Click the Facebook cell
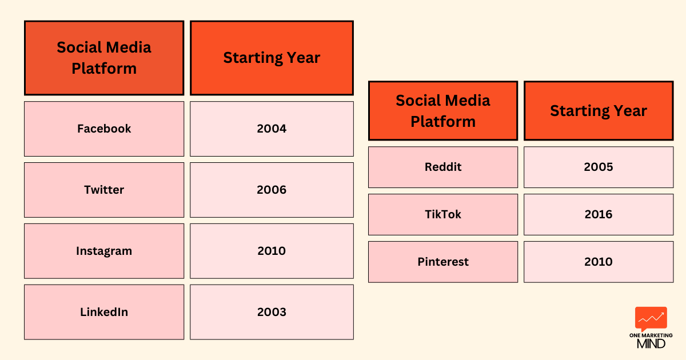pos(104,129)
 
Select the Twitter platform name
pos(104,190)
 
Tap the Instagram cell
pos(104,251)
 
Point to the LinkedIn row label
pos(104,312)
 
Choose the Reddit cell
pos(443,167)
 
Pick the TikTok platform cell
pos(443,214)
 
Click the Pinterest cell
pos(443,262)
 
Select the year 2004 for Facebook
pos(272,129)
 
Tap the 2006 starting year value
pos(272,190)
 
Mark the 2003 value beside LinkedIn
pos(272,312)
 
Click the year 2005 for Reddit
pos(599,167)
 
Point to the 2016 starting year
pos(599,214)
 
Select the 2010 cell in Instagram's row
pos(272,251)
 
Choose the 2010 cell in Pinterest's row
pos(599,262)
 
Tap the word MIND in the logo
pos(651,344)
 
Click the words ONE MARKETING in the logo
pos(651,335)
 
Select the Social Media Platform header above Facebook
pos(104,58)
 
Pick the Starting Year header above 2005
pos(599,111)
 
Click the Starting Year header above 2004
pos(272,58)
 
